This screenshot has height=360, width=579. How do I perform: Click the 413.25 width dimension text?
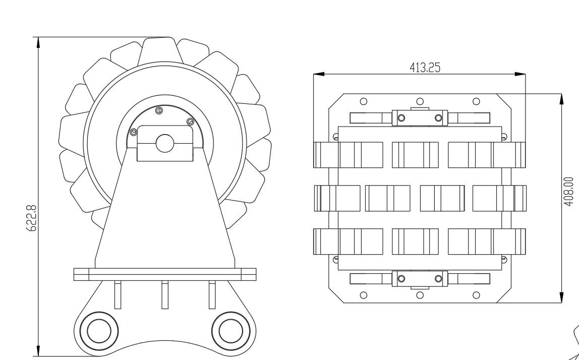426,69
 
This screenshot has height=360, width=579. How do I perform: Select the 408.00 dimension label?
569,189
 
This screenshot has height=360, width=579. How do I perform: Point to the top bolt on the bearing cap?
159,110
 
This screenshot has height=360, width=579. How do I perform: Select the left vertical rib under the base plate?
117,294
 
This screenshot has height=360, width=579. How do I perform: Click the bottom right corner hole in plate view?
476,294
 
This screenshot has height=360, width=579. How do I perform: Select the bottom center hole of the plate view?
420,294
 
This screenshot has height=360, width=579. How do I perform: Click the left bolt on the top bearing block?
401,118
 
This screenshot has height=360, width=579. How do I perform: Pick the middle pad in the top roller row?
415,154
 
